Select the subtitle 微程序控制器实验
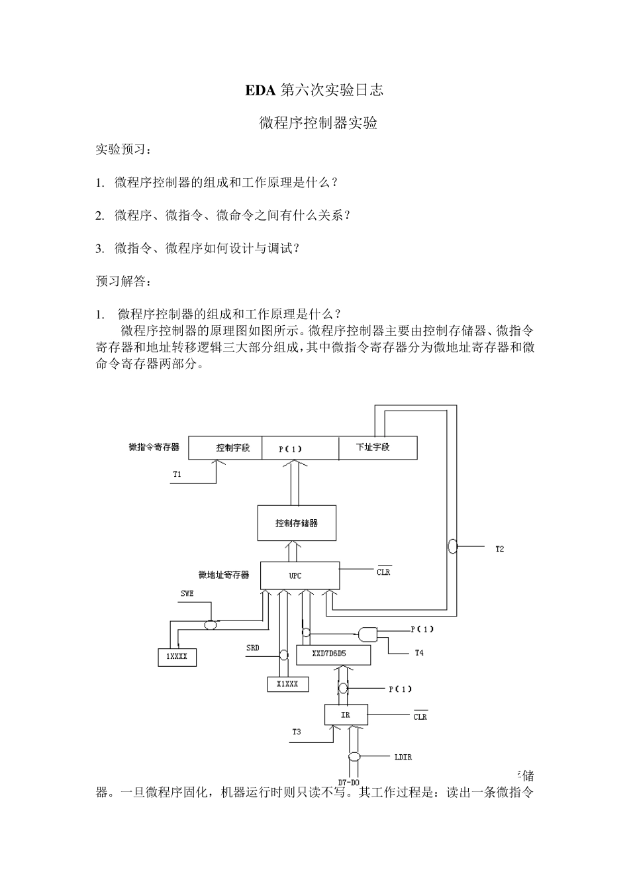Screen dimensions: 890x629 click(x=318, y=123)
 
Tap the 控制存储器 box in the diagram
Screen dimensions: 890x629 click(x=297, y=523)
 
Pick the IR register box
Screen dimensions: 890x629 click(x=346, y=715)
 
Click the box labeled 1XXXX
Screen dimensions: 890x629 click(x=177, y=657)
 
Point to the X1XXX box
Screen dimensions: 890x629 click(x=287, y=684)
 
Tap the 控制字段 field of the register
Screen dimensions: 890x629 click(x=232, y=448)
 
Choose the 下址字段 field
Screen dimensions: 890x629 click(x=373, y=448)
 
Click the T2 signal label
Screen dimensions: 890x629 click(x=499, y=549)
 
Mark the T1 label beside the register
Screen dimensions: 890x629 click(x=177, y=474)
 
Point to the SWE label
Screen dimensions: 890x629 click(x=187, y=593)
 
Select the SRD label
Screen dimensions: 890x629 click(x=252, y=648)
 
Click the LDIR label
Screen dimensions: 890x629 click(x=403, y=758)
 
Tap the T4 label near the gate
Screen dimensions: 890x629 click(x=418, y=653)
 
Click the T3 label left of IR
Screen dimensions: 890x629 click(x=296, y=732)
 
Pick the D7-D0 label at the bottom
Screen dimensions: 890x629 click(x=349, y=782)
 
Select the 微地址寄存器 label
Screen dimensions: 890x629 click(x=224, y=575)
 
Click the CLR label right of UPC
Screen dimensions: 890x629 click(x=383, y=572)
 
